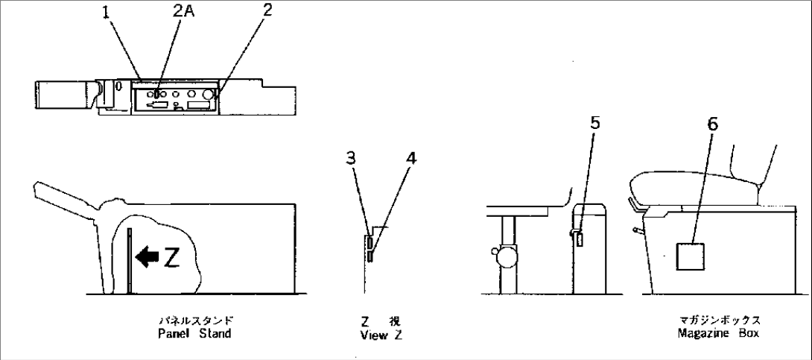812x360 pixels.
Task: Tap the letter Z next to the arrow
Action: point(171,259)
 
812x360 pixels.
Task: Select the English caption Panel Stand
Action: point(194,333)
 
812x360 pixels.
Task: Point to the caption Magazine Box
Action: point(718,333)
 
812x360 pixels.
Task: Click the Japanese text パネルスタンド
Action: point(194,322)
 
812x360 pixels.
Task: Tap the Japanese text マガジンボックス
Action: point(718,322)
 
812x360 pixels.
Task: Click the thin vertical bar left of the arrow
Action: point(130,261)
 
